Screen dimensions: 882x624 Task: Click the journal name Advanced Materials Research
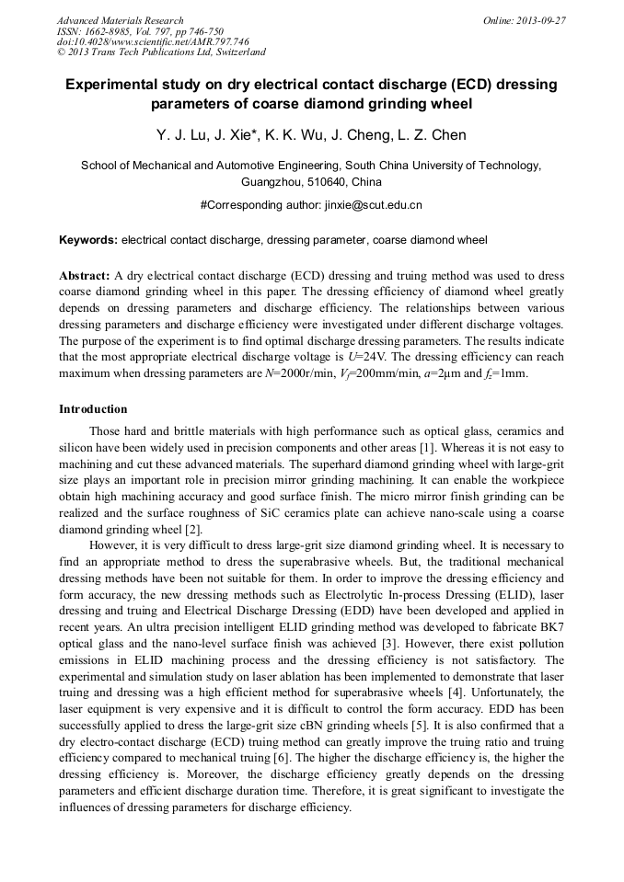[x=120, y=20]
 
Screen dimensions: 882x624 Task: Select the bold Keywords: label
[x=88, y=240]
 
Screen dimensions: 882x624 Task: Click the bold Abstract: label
[x=85, y=276]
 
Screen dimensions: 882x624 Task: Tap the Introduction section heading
[x=93, y=409]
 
